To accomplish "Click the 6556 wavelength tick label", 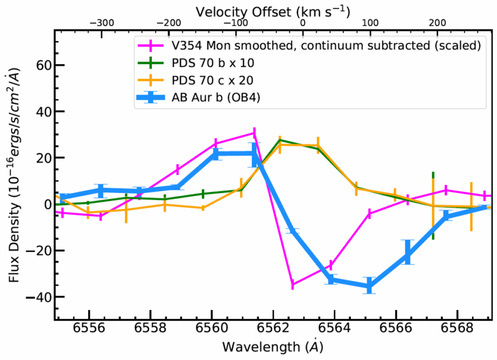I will pyautogui.click(x=89, y=333).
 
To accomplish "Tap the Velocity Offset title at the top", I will pyautogui.click(x=273, y=10).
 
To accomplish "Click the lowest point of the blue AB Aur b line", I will pyautogui.click(x=369, y=286).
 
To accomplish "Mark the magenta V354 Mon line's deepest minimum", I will pyautogui.click(x=292, y=284).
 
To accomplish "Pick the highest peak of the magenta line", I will pyautogui.click(x=254, y=133).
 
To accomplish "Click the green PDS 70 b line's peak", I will pyautogui.click(x=280, y=140).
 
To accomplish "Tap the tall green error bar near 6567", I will pyautogui.click(x=433, y=206).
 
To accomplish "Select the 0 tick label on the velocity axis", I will pyautogui.click(x=303, y=22).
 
